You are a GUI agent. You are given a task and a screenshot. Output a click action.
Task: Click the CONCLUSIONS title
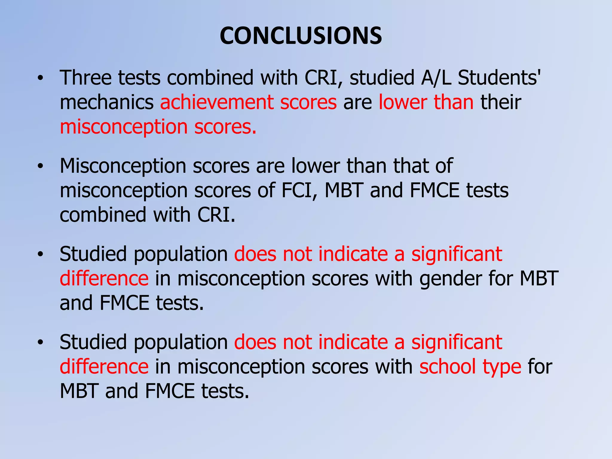301,36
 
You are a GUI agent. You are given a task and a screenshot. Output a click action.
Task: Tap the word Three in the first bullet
85,78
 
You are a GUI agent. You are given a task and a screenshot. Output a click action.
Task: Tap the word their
501,102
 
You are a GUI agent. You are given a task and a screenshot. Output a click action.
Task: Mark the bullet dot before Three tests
40,79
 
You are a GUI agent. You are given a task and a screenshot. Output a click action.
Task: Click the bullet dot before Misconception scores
40,166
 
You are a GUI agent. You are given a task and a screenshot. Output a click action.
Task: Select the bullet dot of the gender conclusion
40,255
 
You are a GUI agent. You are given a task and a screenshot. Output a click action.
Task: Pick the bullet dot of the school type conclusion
40,343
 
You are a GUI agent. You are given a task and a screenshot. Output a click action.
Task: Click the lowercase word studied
382,78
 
